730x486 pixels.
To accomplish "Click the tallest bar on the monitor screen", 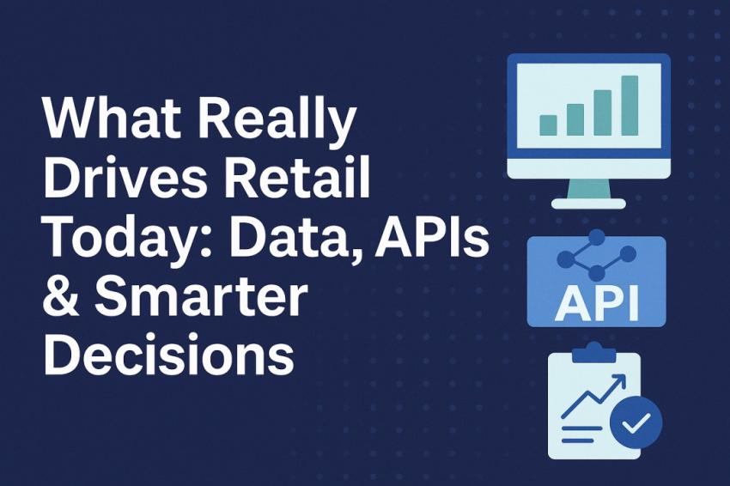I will (x=630, y=105).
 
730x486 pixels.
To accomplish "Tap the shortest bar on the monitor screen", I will (x=548, y=124).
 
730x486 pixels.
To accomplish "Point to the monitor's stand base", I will (x=587, y=204).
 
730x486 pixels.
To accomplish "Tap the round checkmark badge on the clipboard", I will (x=636, y=422).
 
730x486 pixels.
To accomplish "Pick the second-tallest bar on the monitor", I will (x=603, y=112).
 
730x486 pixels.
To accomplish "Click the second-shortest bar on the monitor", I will (x=575, y=119).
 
